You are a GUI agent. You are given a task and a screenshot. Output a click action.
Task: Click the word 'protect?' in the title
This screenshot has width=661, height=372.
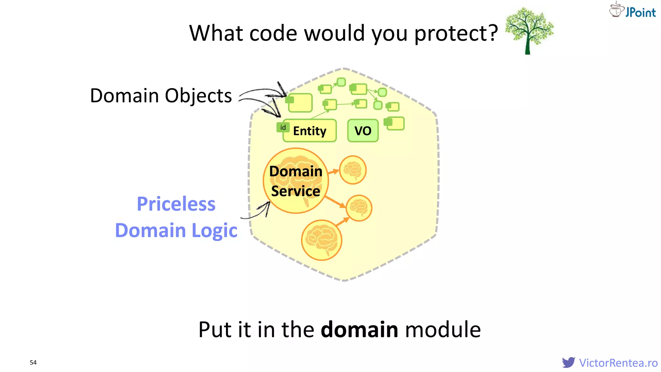point(456,34)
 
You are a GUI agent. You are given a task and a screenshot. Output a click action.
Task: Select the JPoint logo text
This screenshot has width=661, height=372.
point(640,13)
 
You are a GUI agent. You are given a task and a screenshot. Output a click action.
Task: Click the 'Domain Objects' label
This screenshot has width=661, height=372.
point(161,96)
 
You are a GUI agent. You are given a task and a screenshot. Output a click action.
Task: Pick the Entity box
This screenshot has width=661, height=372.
point(310,131)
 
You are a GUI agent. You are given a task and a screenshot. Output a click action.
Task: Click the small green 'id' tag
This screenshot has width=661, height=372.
point(283,128)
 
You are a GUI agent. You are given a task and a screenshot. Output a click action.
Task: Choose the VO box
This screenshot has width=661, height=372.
point(363,131)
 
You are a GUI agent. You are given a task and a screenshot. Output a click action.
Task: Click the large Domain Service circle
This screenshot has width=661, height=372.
point(296,181)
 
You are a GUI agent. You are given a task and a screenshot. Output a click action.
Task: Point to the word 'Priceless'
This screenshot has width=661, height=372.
point(176,204)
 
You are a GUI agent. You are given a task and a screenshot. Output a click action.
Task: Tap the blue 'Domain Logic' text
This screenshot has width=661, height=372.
point(176,231)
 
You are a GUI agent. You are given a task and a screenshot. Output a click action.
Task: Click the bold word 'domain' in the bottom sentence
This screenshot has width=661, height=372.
point(359,330)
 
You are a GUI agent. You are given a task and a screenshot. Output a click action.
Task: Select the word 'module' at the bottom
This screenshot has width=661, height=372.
point(443,330)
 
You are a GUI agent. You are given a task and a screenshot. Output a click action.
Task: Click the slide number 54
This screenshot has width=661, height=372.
point(33,362)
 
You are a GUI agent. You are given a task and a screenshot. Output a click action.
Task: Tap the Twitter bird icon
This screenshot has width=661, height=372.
point(568,362)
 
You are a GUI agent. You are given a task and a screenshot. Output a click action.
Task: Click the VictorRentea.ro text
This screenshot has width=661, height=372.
point(618,363)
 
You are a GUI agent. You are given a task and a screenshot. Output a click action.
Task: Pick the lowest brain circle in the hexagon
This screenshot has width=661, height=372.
point(321,240)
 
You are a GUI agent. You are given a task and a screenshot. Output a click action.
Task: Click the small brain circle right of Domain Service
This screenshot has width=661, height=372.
point(353,170)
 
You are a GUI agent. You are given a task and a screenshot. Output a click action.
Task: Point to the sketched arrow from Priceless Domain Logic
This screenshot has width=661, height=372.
point(258,212)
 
